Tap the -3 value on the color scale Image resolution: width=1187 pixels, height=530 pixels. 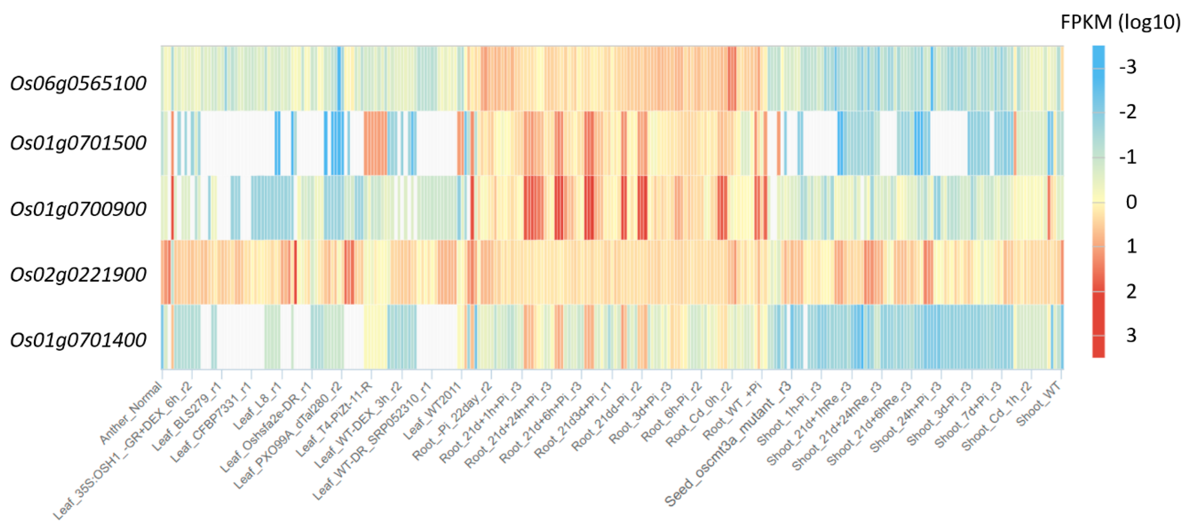[x=1127, y=68]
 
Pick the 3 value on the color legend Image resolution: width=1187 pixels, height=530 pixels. [x=1131, y=335]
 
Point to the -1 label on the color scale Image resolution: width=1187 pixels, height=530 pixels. [x=1127, y=157]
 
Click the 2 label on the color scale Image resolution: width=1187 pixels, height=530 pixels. [x=1131, y=291]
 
